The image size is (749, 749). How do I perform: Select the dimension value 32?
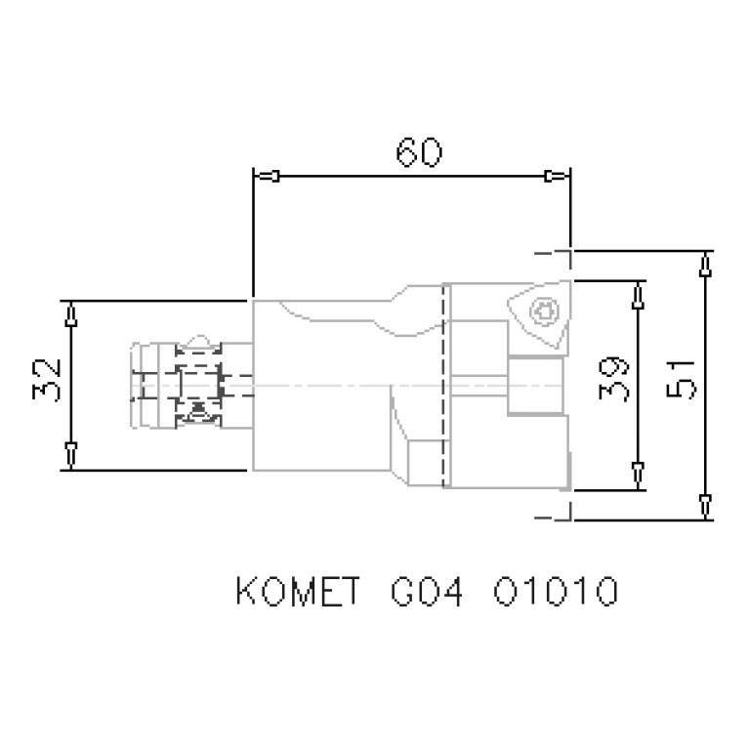pyautogui.click(x=47, y=381)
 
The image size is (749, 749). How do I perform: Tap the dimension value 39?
pyautogui.click(x=614, y=384)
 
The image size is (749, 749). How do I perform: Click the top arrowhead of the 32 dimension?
pyautogui.click(x=71, y=317)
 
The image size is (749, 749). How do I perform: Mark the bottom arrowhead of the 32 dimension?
pyautogui.click(x=71, y=451)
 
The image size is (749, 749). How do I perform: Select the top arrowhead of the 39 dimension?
pyautogui.click(x=638, y=295)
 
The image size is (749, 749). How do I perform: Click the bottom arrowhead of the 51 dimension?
pyautogui.click(x=706, y=503)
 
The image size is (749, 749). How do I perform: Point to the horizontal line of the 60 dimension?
pyautogui.click(x=410, y=177)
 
